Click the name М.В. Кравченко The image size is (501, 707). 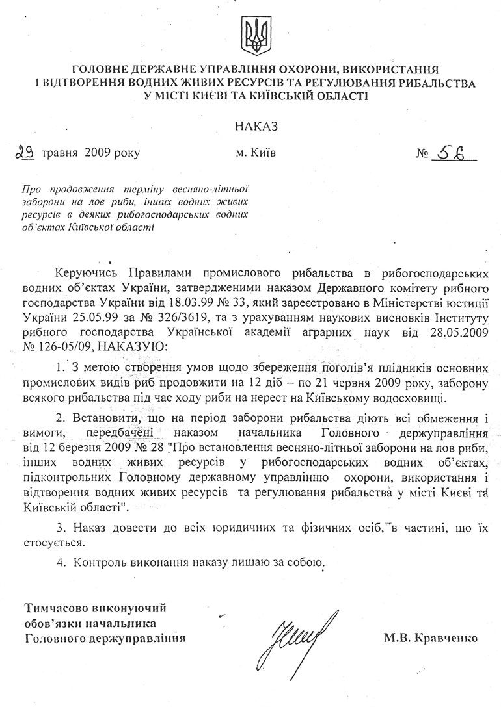(431, 638)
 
